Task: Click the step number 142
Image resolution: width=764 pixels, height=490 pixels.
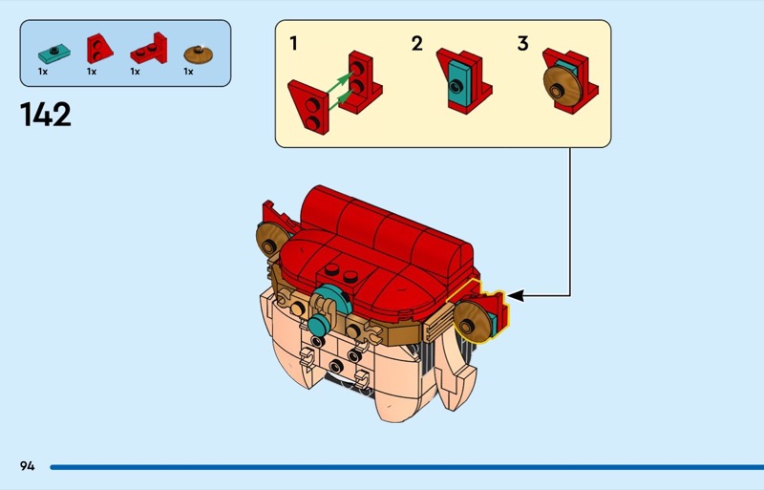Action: click(x=45, y=115)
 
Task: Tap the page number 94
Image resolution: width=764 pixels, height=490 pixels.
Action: click(x=27, y=466)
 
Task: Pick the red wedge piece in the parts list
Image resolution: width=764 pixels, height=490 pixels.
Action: click(x=98, y=48)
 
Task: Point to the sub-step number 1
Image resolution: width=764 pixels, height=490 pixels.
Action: click(x=294, y=44)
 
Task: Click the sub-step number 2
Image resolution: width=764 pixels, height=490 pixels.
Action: click(x=416, y=44)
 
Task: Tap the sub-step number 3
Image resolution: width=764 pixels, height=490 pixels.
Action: click(x=522, y=44)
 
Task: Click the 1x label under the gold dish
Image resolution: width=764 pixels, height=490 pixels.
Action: click(x=188, y=71)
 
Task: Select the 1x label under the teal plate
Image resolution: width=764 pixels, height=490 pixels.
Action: click(x=43, y=71)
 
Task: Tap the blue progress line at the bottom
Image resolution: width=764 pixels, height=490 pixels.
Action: click(x=401, y=466)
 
